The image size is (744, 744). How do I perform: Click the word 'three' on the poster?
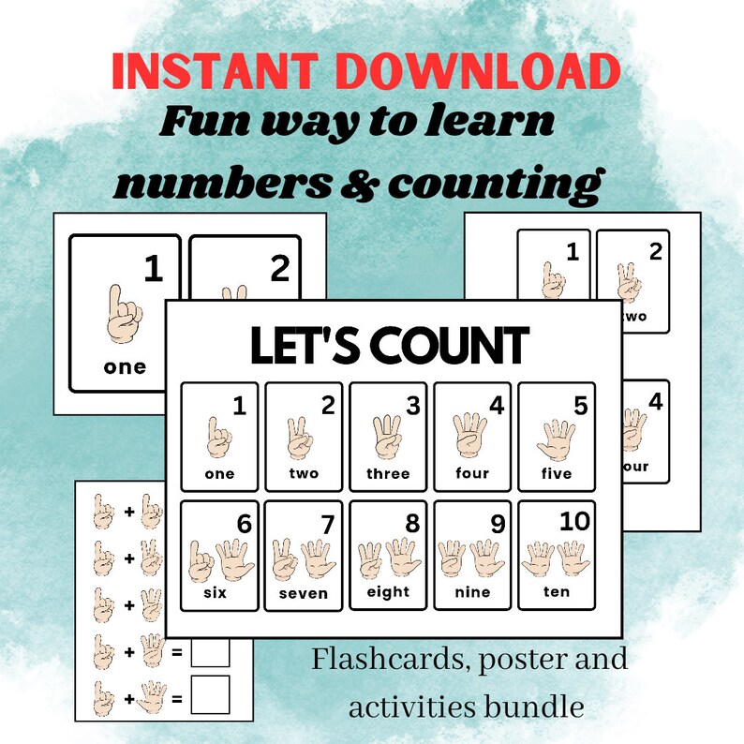[388, 474]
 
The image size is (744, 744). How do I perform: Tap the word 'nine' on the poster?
[472, 592]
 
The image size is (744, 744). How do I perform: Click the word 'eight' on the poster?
[388, 592]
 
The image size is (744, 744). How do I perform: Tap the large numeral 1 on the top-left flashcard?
[153, 271]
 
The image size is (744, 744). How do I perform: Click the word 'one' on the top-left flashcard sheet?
[125, 366]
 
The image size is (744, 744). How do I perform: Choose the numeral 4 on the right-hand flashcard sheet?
[656, 402]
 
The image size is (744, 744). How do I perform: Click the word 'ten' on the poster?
[557, 592]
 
